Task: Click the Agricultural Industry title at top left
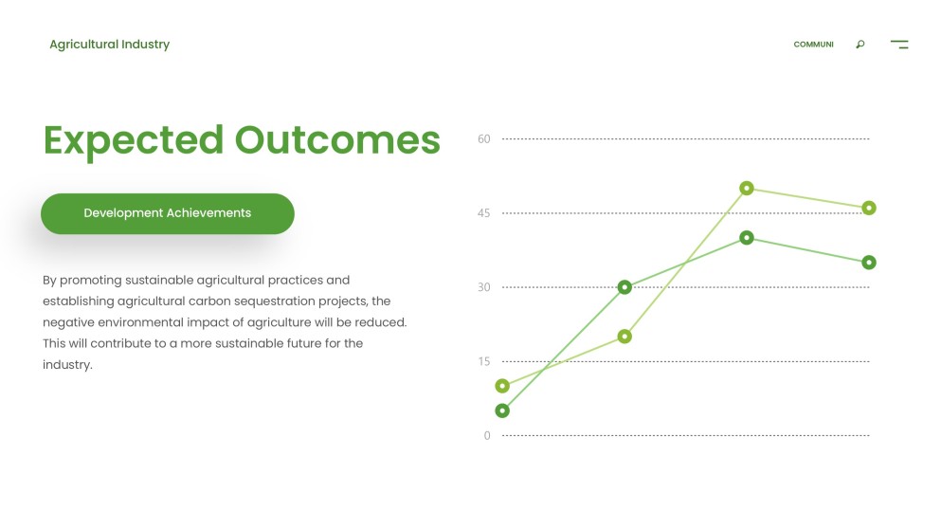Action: (109, 45)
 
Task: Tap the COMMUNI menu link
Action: (813, 45)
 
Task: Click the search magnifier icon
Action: (860, 45)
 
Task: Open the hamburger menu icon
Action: (899, 45)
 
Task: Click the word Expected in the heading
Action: (133, 140)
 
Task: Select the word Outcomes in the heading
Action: (337, 140)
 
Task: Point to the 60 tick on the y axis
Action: (484, 139)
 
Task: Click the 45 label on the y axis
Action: (484, 213)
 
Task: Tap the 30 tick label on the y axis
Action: (484, 287)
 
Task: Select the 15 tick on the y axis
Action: (484, 361)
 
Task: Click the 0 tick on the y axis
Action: (487, 436)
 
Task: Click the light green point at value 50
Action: (747, 189)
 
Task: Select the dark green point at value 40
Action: (747, 238)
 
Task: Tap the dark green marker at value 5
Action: (502, 410)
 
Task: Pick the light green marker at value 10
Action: (502, 386)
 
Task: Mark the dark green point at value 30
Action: (624, 287)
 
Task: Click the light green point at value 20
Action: (624, 337)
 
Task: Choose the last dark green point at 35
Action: (869, 263)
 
